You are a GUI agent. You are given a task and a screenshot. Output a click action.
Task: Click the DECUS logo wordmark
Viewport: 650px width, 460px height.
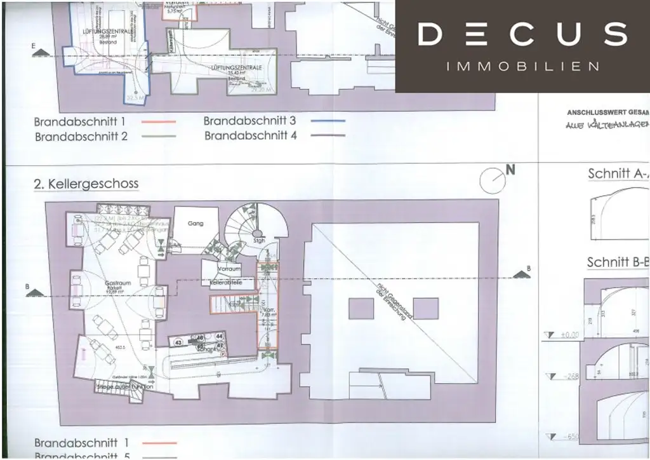click(x=522, y=34)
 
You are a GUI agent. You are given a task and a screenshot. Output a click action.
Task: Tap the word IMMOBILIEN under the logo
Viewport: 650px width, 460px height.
click(x=523, y=66)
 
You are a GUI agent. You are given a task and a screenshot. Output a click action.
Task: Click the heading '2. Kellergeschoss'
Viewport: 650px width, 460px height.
click(x=86, y=184)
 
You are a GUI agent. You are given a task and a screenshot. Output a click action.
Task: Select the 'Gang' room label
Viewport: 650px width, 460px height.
click(x=195, y=224)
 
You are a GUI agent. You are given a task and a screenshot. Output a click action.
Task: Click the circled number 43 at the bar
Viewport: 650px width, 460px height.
click(x=178, y=342)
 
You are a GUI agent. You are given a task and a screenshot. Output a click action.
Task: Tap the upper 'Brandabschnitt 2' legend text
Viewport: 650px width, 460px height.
click(x=81, y=136)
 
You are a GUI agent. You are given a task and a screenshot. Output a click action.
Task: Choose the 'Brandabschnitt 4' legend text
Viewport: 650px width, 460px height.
click(x=251, y=135)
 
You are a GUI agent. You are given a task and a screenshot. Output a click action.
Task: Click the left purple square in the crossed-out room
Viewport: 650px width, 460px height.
click(x=361, y=309)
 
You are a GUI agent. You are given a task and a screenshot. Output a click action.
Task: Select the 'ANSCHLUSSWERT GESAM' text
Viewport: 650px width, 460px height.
click(x=607, y=112)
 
